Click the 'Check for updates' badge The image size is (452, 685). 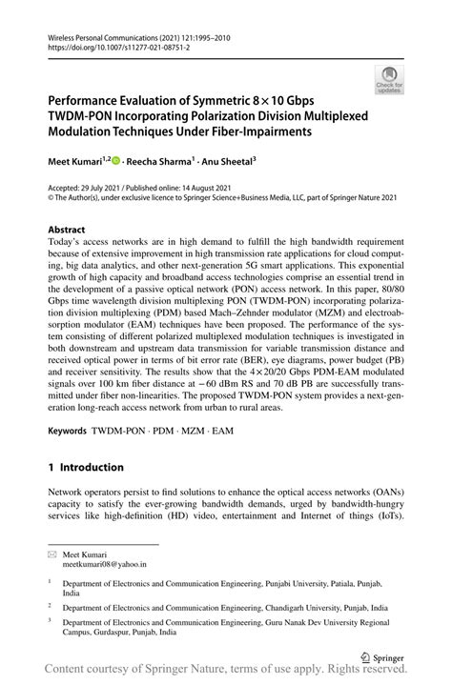tap(389, 81)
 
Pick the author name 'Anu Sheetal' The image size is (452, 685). tap(251, 163)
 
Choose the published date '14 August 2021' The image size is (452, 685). tap(216, 191)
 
